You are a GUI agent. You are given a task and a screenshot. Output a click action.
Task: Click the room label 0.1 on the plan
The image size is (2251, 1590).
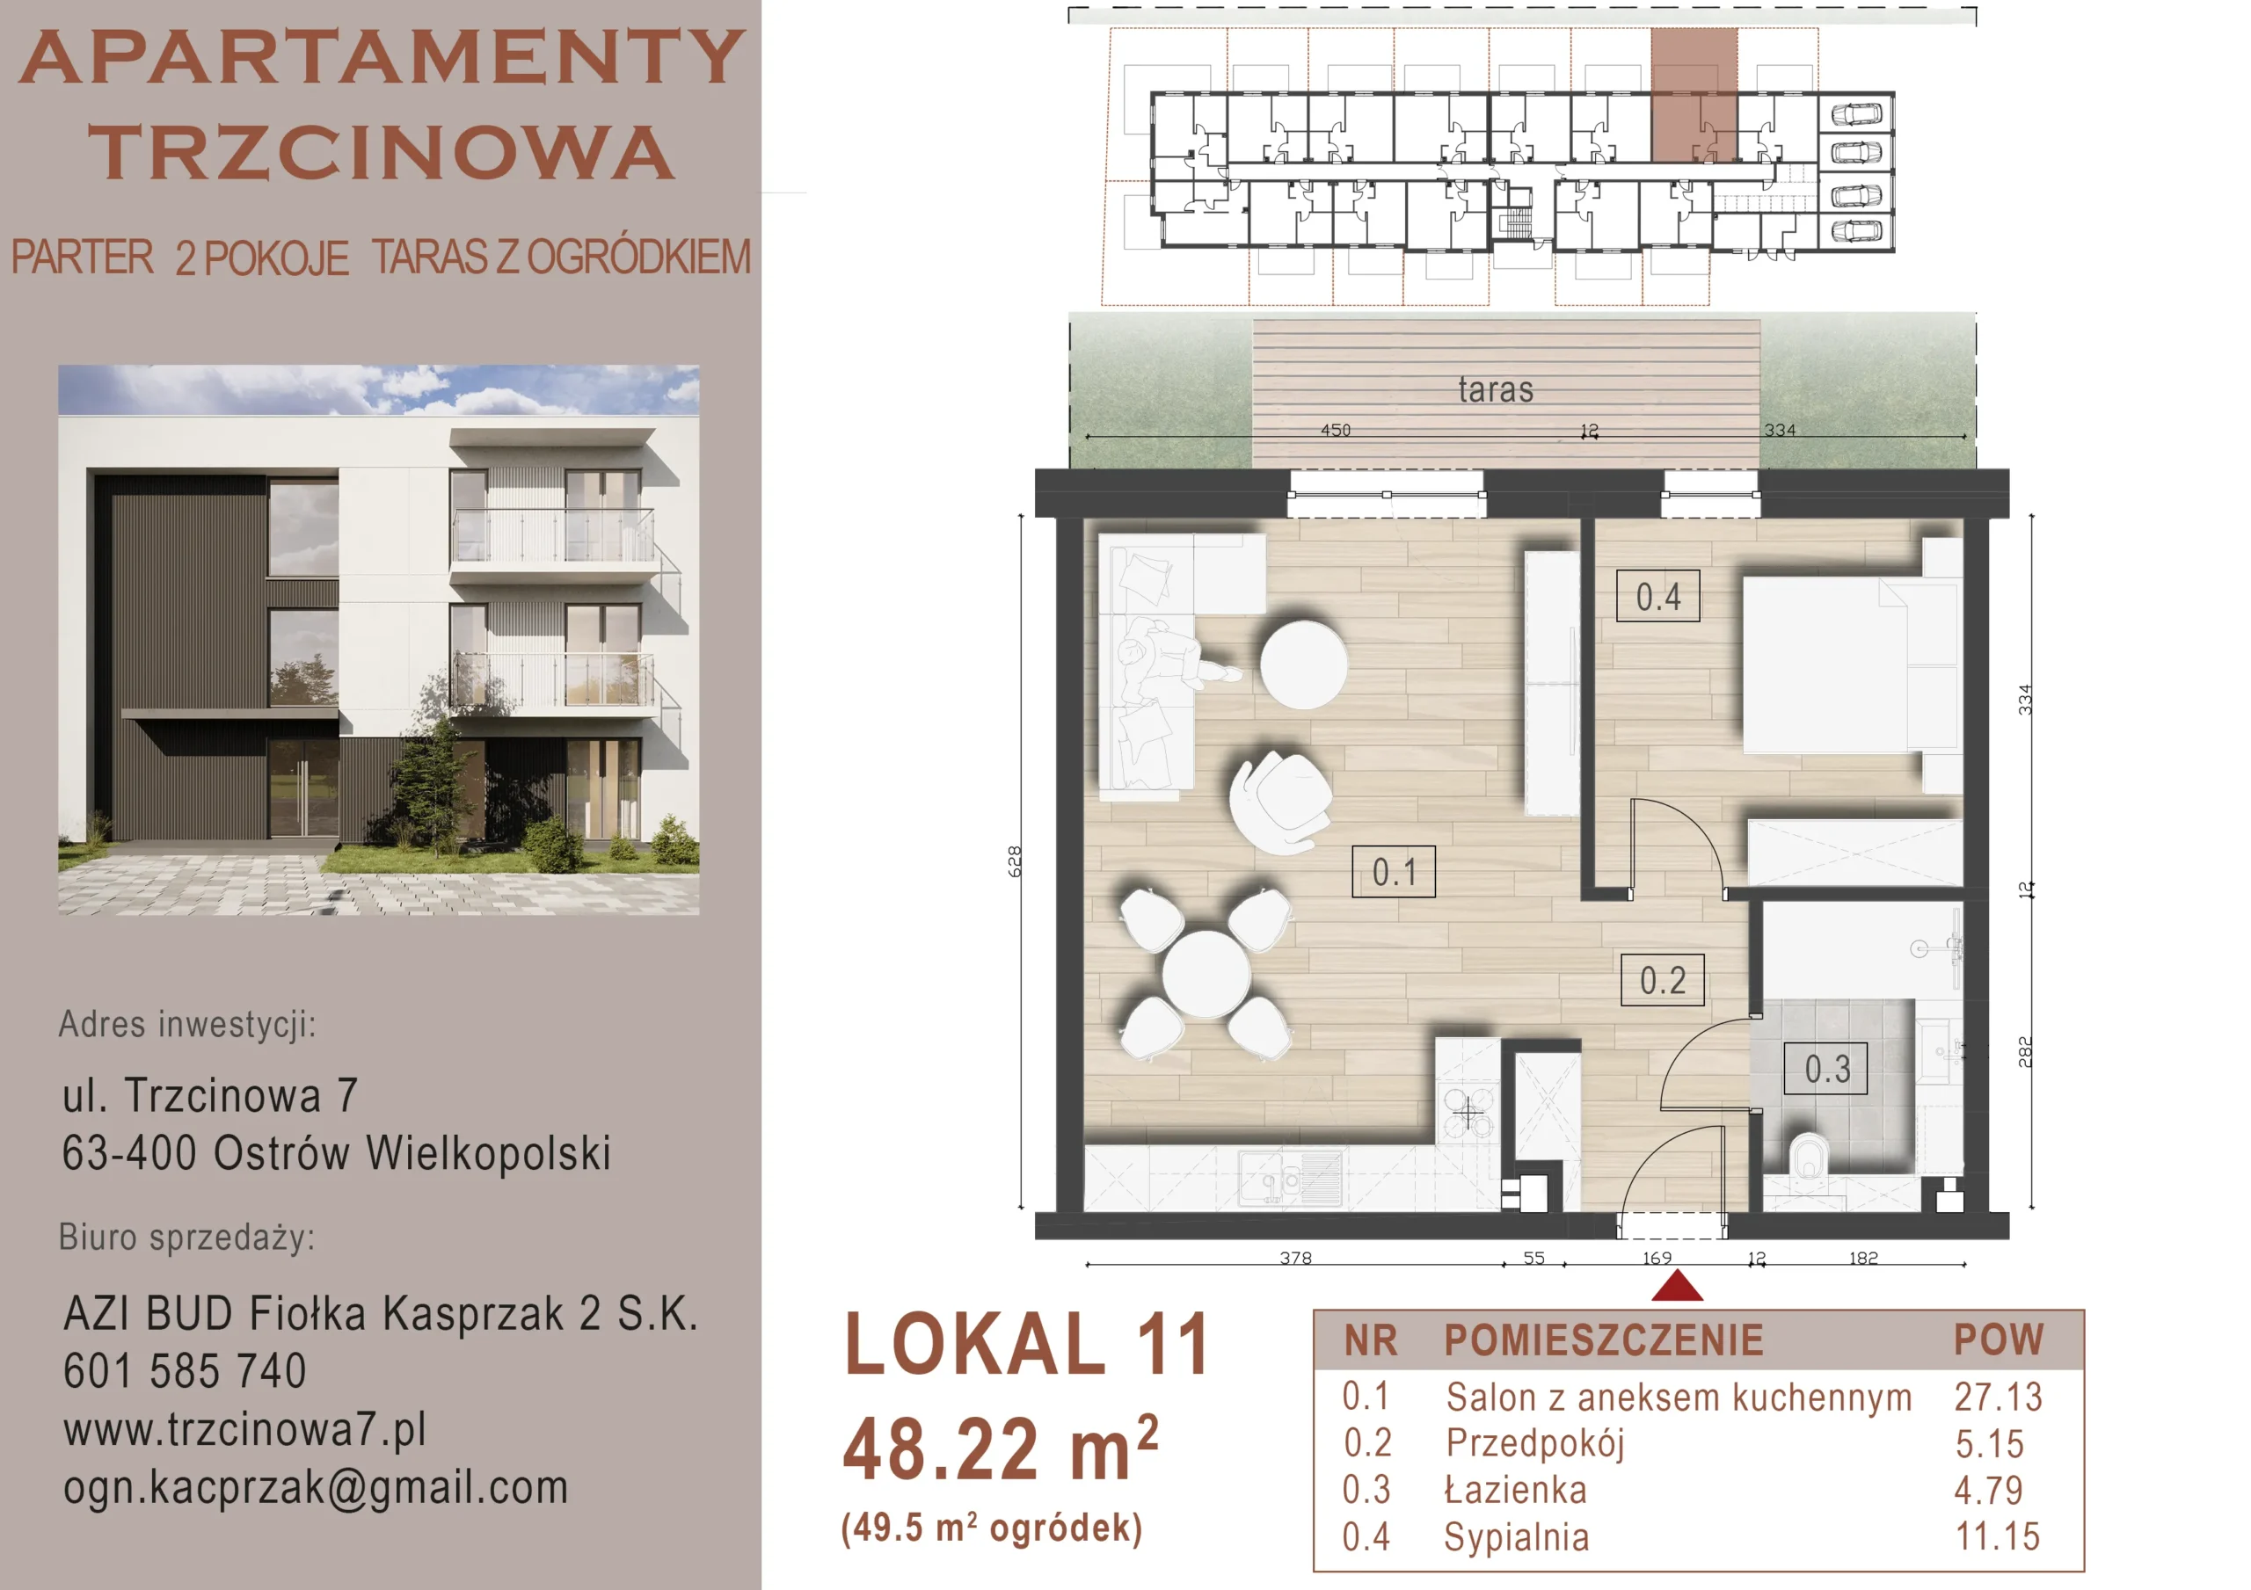[x=1393, y=871]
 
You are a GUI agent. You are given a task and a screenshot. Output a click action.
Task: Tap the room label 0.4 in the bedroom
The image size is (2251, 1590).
[x=1657, y=596]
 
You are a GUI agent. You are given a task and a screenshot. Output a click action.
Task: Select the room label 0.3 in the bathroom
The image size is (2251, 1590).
[x=1826, y=1069]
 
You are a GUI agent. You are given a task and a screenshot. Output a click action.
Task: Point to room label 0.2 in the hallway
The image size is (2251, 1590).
[x=1663, y=980]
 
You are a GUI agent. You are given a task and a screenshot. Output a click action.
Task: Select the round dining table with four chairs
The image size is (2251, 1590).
[x=1205, y=973]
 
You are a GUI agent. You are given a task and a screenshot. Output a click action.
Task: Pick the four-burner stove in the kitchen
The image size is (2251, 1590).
[x=1468, y=1112]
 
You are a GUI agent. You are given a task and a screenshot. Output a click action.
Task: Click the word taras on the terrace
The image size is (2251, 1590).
[x=1495, y=390]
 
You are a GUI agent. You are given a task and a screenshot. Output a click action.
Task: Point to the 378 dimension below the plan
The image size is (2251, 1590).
[x=1295, y=1258]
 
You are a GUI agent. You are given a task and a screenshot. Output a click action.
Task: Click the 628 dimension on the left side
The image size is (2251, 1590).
[x=1015, y=860]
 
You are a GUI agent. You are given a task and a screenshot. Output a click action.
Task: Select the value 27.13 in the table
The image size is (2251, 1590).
[x=1998, y=1397]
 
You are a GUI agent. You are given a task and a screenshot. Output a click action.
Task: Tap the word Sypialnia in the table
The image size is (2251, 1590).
[x=1516, y=1537]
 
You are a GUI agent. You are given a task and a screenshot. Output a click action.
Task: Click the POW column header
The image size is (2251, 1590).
[x=1998, y=1339]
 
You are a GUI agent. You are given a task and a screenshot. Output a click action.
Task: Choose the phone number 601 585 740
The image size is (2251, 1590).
[x=186, y=1370]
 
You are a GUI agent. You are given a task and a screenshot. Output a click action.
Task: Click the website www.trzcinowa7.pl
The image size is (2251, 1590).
[x=245, y=1430]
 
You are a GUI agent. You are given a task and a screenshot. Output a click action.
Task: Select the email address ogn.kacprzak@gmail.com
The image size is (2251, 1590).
[x=316, y=1488]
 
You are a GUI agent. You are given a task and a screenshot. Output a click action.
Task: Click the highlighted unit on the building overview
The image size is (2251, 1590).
[x=1694, y=95]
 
